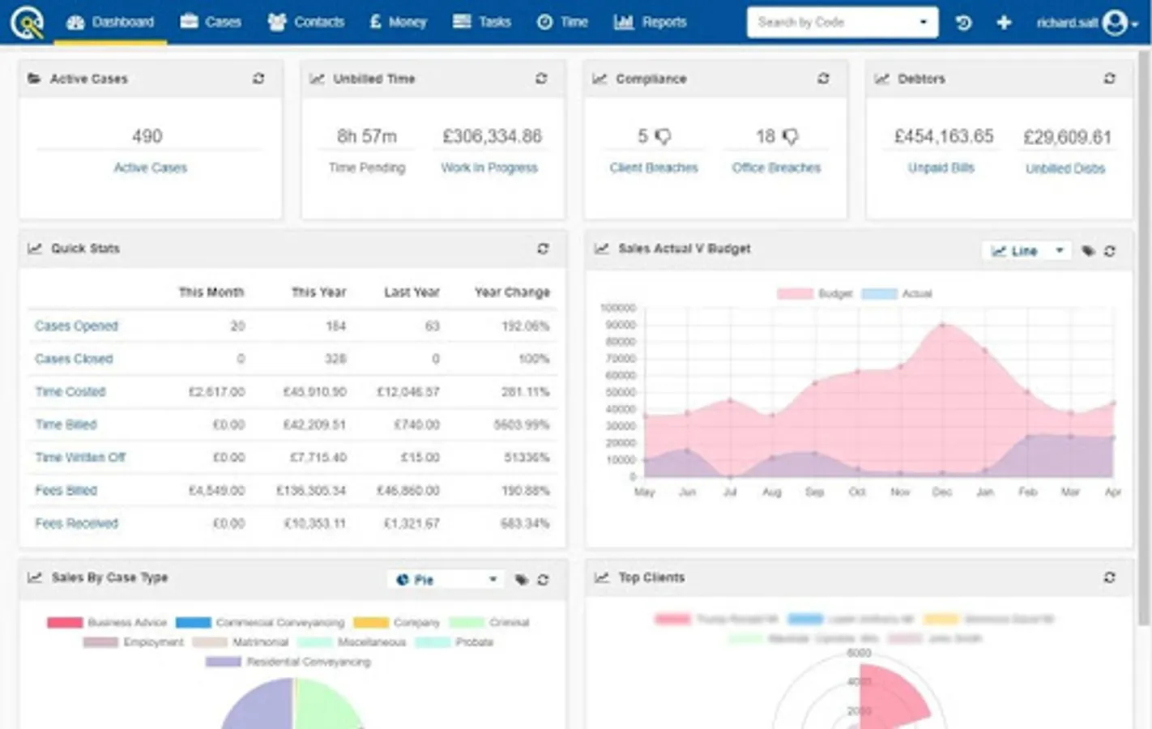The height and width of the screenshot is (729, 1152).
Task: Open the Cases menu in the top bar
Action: tap(211, 22)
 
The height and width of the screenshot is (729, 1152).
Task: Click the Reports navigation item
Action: tap(650, 22)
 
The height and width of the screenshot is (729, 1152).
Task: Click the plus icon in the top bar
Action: tap(1004, 23)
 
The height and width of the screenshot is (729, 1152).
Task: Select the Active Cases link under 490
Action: tap(150, 168)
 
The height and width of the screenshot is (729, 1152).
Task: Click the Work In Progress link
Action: tap(489, 168)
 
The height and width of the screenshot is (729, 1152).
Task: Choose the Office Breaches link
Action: tap(776, 168)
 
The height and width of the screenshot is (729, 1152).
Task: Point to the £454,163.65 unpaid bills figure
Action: tap(943, 136)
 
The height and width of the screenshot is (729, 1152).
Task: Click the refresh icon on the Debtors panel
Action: tap(1109, 79)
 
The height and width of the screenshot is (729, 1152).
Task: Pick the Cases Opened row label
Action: tap(76, 326)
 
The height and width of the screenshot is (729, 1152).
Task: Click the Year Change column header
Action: tap(512, 292)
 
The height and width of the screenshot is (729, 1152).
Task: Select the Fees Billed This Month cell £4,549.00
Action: tap(216, 490)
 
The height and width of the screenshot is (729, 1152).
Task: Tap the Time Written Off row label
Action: tap(80, 457)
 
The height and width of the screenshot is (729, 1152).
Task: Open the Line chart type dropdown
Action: tap(1026, 251)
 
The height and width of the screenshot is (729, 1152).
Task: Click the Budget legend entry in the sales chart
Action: tap(815, 293)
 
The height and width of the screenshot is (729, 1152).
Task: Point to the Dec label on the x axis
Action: tap(942, 492)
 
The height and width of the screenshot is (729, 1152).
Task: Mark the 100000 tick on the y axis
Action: tap(618, 308)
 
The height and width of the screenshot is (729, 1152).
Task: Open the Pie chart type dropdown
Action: tap(446, 580)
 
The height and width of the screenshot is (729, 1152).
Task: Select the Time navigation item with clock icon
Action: tap(562, 22)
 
